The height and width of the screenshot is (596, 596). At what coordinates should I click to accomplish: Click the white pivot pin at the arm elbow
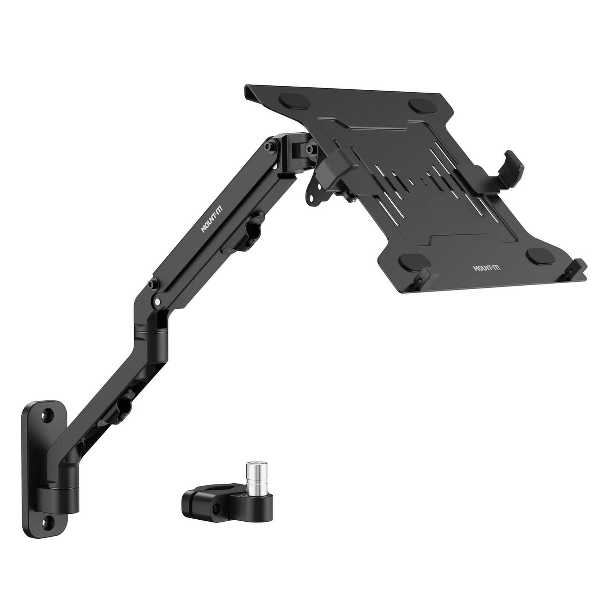pos(159,302)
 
